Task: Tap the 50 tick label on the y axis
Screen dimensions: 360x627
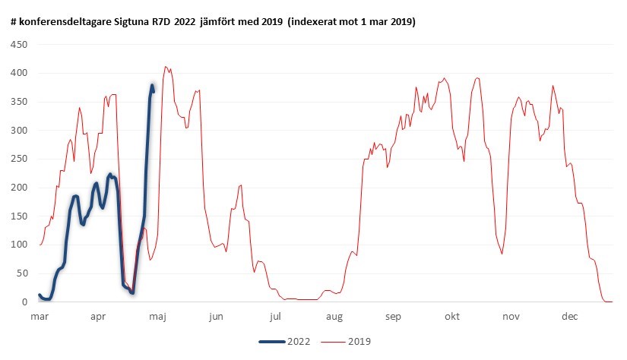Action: (x=23, y=273)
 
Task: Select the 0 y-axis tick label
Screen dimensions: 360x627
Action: (x=26, y=302)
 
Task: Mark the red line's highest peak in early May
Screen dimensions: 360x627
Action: (x=166, y=67)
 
